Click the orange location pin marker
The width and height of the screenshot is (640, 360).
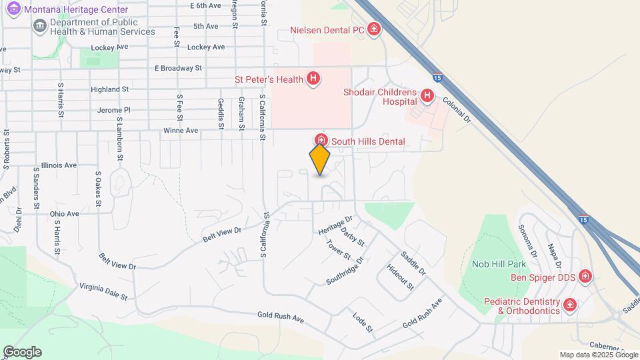(320, 159)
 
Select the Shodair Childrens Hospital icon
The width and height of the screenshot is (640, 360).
(427, 97)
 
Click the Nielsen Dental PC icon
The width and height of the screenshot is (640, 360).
(375, 29)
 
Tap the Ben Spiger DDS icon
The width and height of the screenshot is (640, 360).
(585, 276)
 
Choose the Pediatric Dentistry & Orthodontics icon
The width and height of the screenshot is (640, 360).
(570, 305)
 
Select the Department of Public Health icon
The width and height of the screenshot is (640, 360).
(39, 26)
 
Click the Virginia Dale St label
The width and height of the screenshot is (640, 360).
(103, 291)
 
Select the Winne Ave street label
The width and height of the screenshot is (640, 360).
(181, 131)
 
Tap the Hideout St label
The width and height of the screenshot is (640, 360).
(401, 277)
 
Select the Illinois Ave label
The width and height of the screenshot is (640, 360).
(59, 165)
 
